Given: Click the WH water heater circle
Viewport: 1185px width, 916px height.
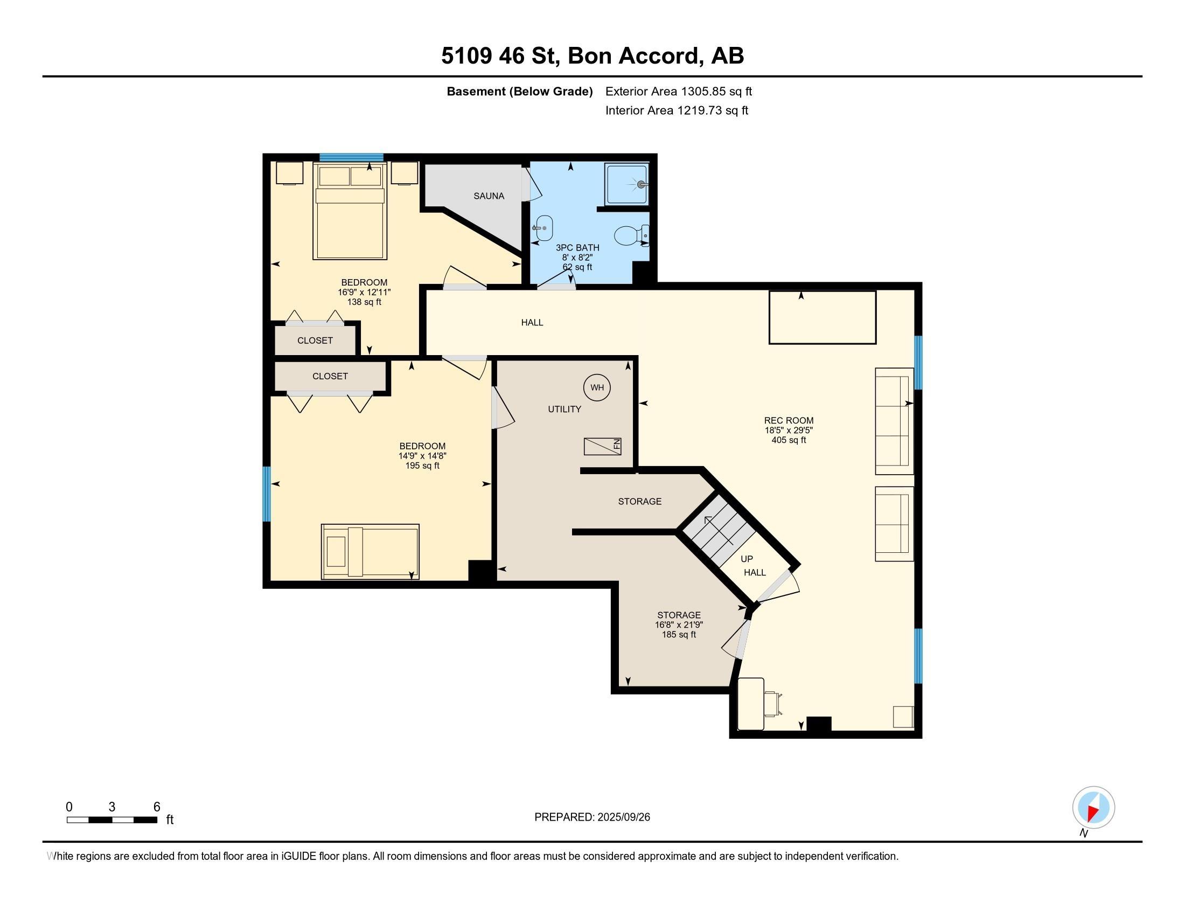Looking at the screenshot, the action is [x=597, y=387].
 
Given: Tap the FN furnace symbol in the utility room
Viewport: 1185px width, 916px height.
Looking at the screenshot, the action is [x=602, y=446].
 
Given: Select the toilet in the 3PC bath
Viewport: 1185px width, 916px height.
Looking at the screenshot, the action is [x=631, y=235].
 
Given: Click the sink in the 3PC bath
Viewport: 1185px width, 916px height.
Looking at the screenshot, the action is [x=542, y=228].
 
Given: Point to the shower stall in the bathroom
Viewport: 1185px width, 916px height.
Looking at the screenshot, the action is [x=626, y=184].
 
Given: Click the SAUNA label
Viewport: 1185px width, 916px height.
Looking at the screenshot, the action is [x=489, y=196].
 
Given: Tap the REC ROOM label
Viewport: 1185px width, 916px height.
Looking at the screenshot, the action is [x=789, y=420].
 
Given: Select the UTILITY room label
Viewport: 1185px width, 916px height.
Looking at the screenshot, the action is [x=564, y=409].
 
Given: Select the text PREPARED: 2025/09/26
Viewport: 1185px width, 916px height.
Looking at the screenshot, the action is [x=592, y=817].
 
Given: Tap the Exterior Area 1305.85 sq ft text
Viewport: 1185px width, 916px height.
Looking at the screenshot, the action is [x=679, y=91].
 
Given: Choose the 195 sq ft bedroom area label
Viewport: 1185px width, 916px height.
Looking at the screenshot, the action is [x=422, y=466].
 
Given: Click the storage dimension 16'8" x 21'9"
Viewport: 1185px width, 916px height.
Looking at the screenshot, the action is [x=679, y=624].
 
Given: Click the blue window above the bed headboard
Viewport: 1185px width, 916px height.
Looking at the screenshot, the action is [x=352, y=157].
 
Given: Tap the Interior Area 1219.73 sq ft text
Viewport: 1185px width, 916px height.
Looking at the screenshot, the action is [x=677, y=110].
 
